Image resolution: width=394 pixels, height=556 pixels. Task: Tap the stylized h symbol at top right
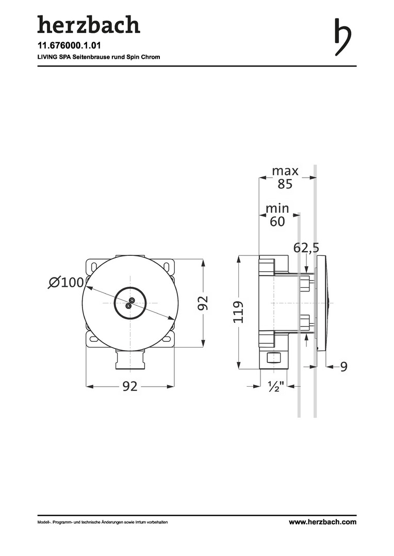point(342,37)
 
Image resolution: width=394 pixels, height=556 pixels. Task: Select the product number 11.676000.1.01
point(64,45)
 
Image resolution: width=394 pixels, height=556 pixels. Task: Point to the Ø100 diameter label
point(67,283)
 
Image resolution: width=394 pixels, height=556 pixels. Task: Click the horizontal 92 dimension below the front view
point(129,386)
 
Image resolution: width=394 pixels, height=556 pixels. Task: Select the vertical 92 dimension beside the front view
point(203,303)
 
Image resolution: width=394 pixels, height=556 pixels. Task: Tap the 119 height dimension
point(238,312)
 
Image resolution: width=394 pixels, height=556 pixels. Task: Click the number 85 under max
point(285,184)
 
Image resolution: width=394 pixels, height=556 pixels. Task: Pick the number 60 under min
point(277,221)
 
